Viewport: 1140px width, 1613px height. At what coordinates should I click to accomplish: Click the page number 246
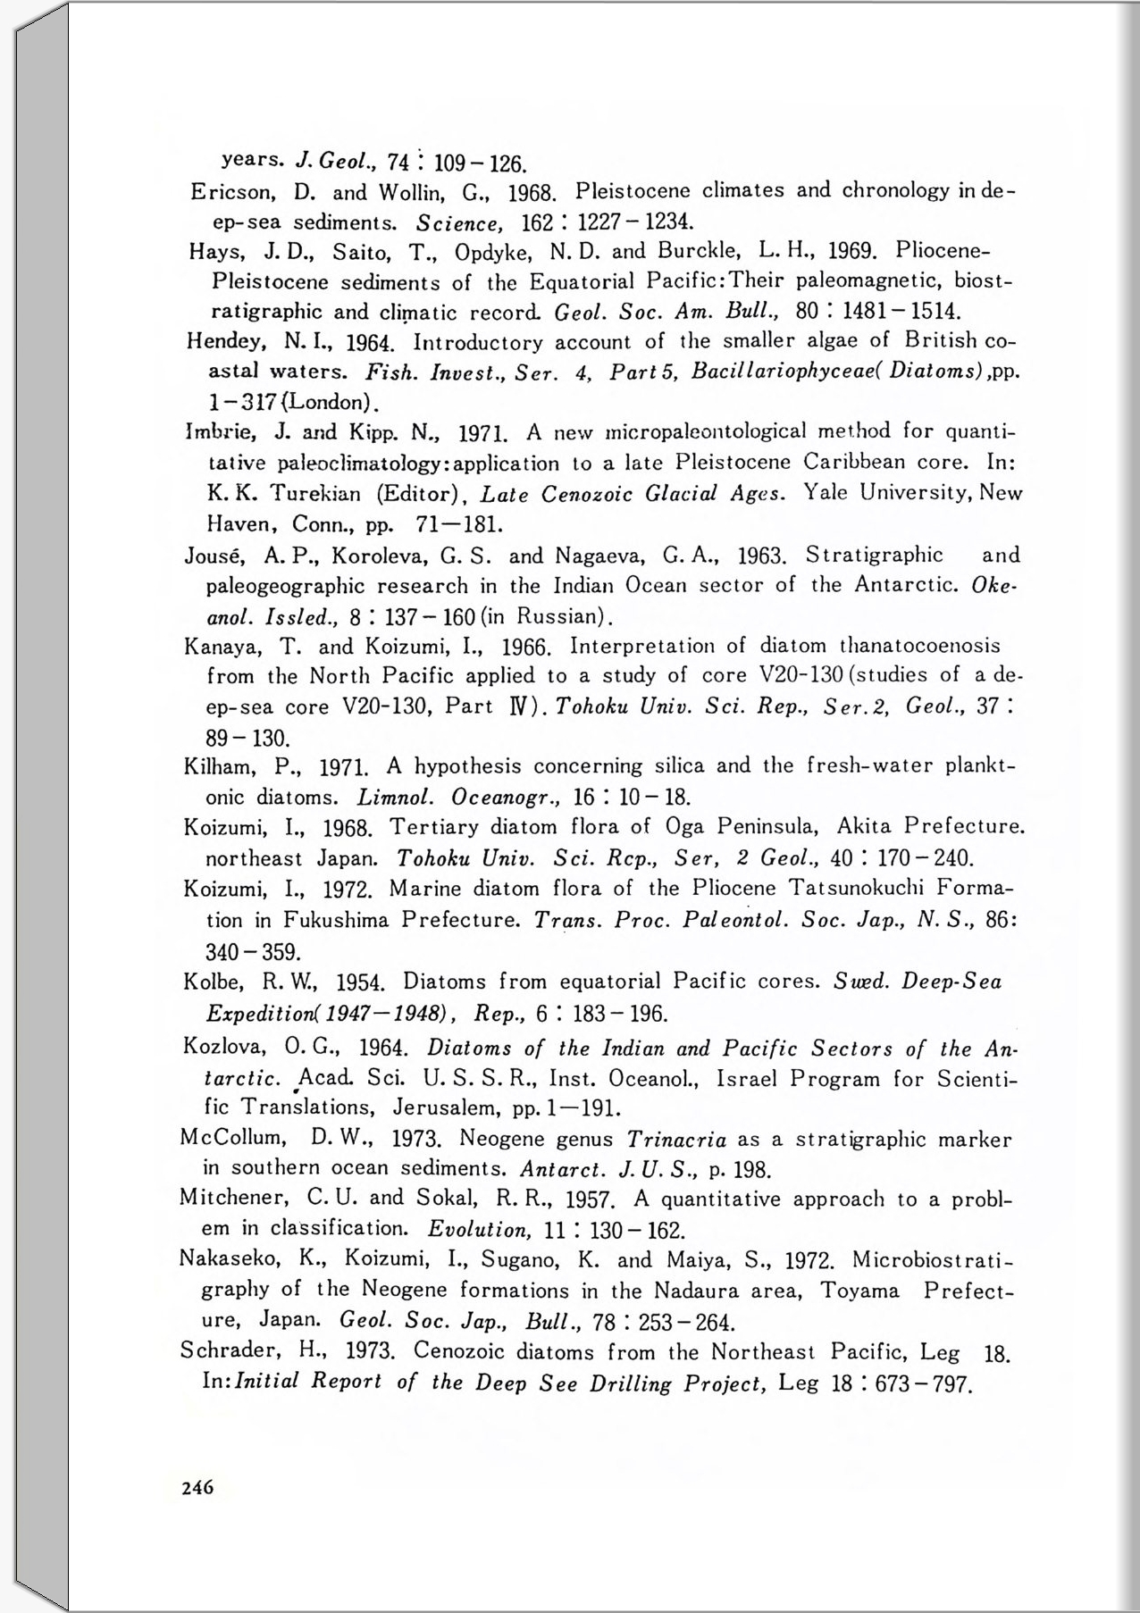197,1487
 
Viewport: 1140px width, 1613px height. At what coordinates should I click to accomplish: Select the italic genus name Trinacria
676,1140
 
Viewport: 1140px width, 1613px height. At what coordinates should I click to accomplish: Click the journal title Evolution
479,1229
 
